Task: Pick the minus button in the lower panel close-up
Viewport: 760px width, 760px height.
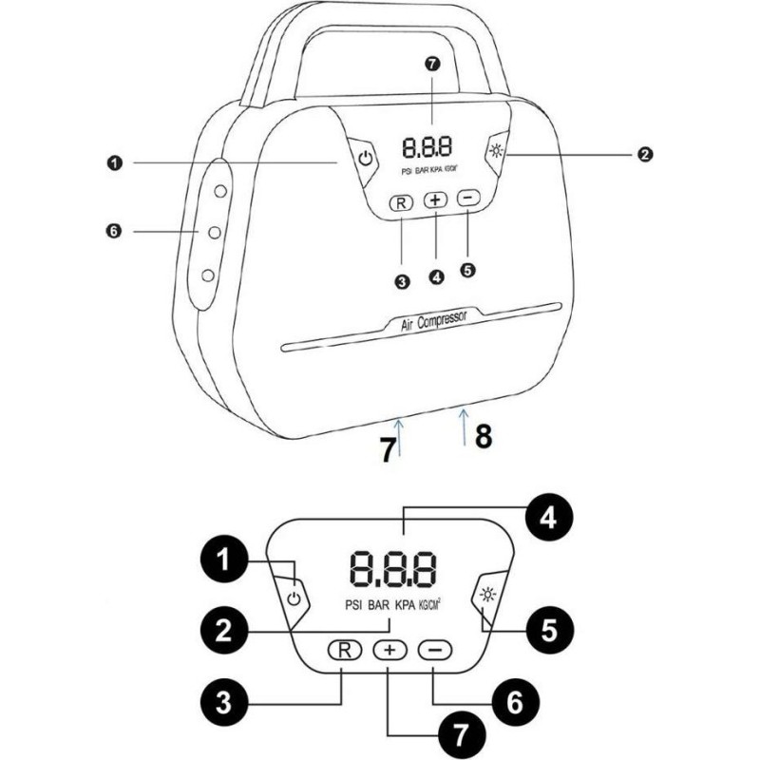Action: pyautogui.click(x=436, y=651)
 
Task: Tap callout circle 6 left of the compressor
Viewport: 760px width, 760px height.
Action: pyautogui.click(x=114, y=230)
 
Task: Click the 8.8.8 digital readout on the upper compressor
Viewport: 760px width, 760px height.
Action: pyautogui.click(x=427, y=147)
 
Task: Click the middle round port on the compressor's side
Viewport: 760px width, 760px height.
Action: pyautogui.click(x=214, y=232)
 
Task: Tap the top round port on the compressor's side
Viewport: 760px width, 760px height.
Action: pyautogui.click(x=219, y=191)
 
